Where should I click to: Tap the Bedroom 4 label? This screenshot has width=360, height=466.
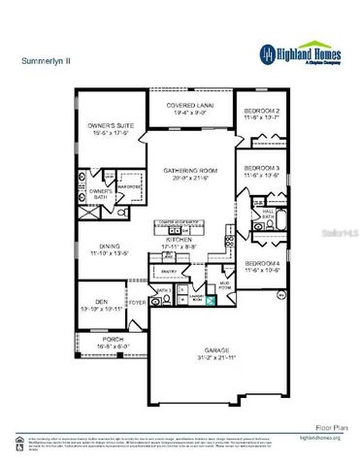click(x=262, y=265)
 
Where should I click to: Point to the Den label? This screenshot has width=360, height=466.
click(x=100, y=302)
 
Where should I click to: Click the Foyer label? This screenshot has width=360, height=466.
click(x=139, y=303)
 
